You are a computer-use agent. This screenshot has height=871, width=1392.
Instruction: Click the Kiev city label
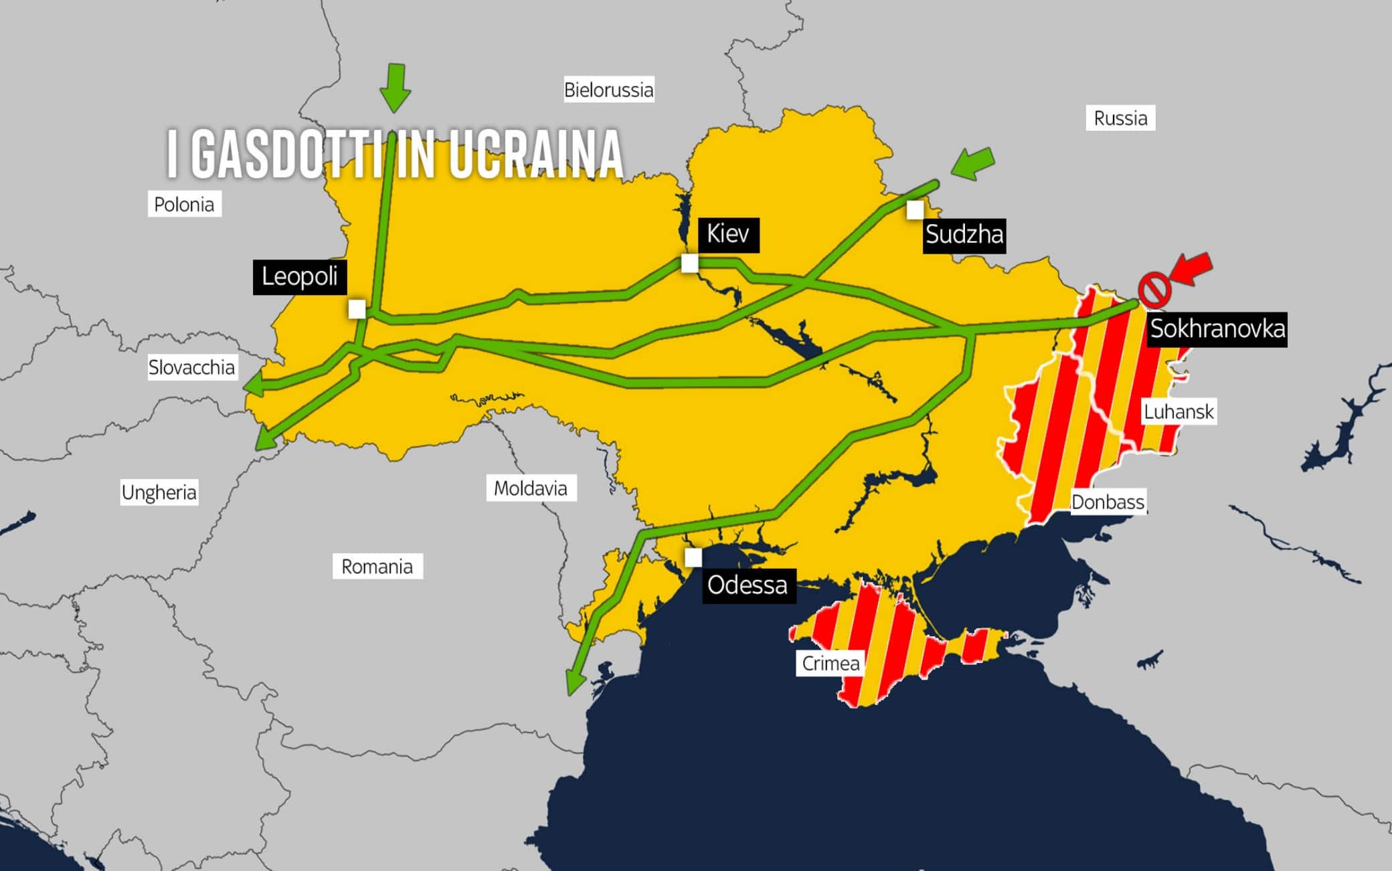coord(728,235)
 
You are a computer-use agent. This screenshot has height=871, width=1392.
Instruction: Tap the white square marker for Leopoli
coord(357,309)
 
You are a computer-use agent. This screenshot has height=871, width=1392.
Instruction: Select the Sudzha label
coord(964,235)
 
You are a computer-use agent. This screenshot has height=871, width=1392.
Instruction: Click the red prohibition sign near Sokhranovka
coord(1154,290)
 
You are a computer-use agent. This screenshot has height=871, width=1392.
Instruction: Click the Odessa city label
coord(748,585)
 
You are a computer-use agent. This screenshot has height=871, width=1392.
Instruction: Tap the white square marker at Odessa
coord(693,557)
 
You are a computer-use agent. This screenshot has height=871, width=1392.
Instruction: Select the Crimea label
coord(831,664)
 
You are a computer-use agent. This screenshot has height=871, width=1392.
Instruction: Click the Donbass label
coord(1108,502)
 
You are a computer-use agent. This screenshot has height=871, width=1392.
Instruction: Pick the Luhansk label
coord(1178,411)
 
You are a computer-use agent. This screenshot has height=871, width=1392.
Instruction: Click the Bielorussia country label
coord(608,90)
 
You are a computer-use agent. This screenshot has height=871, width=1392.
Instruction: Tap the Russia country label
coord(1120,118)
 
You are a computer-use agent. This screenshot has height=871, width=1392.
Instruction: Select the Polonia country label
coord(184,205)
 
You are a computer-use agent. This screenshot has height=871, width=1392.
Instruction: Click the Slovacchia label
coord(191,367)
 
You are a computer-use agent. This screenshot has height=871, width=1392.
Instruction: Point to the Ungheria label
coord(159,492)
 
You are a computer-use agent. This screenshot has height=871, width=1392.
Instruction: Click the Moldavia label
coord(530,488)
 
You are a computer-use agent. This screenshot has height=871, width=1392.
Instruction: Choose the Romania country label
coord(377,567)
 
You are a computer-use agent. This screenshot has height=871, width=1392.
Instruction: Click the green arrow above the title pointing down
coord(396,88)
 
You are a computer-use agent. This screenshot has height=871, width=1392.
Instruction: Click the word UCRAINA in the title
coord(535,155)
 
